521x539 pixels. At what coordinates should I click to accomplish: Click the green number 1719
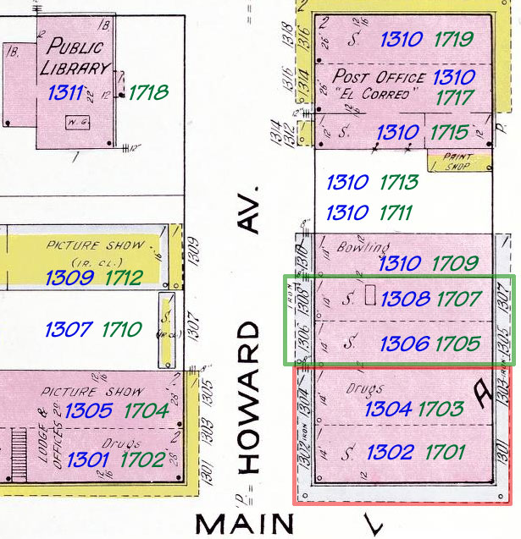pyautogui.click(x=453, y=39)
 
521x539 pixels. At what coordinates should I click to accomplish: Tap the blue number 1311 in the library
pyautogui.click(x=65, y=92)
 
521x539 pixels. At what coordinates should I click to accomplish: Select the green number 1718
pyautogui.click(x=149, y=93)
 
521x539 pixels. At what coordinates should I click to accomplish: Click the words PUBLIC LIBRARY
pyautogui.click(x=78, y=57)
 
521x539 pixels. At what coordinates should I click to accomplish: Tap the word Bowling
pyautogui.click(x=363, y=247)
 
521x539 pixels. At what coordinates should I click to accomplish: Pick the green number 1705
pyautogui.click(x=458, y=344)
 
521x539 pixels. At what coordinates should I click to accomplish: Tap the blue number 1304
pyautogui.click(x=388, y=409)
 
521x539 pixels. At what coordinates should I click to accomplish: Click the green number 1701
pyautogui.click(x=446, y=452)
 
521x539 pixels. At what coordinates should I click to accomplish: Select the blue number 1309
pyautogui.click(x=69, y=277)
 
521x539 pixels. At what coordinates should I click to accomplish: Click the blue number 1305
pyautogui.click(x=88, y=411)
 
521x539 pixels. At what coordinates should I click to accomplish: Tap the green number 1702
pyautogui.click(x=144, y=459)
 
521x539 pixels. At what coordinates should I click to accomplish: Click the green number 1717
pyautogui.click(x=454, y=98)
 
